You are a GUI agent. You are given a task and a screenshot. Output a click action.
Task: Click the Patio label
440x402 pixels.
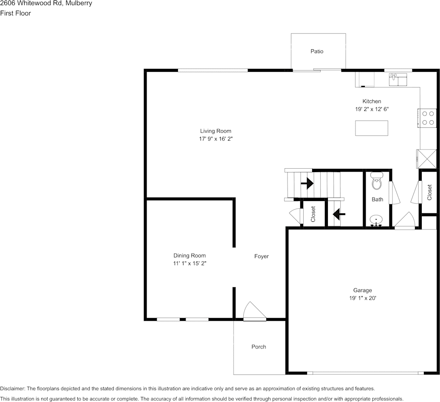(x=317, y=51)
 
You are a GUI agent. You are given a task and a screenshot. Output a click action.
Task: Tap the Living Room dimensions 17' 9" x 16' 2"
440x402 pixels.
(x=215, y=139)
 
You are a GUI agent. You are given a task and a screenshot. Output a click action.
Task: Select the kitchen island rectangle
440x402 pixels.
(x=371, y=128)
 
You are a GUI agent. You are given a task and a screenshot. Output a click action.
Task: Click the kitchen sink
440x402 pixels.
(x=398, y=79)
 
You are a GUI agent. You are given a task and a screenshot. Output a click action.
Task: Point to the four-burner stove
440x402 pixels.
(x=428, y=118)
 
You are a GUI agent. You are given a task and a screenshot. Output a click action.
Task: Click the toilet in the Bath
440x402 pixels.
(x=377, y=181)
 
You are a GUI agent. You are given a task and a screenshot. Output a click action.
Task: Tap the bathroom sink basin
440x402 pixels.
(x=376, y=220)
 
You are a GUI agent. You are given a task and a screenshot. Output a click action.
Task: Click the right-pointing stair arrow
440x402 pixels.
(x=307, y=184)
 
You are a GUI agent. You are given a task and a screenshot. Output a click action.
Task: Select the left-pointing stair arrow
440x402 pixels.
(x=338, y=215)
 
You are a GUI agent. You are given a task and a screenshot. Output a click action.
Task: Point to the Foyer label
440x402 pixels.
(x=262, y=256)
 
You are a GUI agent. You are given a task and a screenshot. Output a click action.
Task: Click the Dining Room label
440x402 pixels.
(x=189, y=255)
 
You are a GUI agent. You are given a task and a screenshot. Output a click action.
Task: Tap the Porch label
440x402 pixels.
(x=259, y=347)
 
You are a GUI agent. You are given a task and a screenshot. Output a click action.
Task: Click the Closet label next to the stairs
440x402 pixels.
(x=313, y=214)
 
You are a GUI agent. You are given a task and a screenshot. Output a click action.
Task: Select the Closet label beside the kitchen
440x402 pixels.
(x=430, y=192)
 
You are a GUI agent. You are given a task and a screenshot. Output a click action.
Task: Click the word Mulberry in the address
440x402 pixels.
(x=79, y=3)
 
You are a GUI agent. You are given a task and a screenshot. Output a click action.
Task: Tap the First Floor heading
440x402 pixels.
(x=15, y=13)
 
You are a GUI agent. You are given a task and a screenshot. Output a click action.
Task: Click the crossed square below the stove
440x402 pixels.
(x=426, y=159)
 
